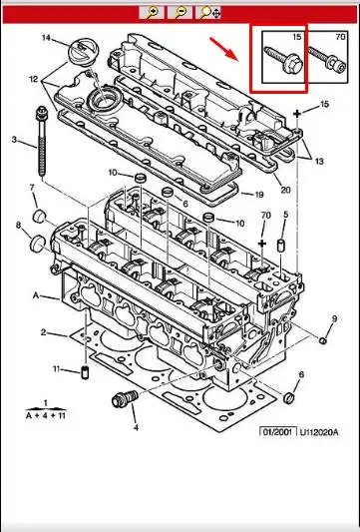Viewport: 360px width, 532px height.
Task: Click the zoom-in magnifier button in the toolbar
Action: [x=152, y=13]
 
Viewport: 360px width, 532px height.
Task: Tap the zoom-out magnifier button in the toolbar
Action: [x=180, y=13]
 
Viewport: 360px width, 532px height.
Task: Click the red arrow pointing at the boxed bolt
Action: [x=224, y=49]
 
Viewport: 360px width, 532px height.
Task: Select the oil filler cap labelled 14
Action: [x=84, y=51]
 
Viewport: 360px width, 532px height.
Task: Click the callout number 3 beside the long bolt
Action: [x=14, y=140]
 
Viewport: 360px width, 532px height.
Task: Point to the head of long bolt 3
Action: [x=42, y=114]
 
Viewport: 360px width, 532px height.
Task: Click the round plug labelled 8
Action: [x=38, y=245]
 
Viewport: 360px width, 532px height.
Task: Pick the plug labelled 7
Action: [x=40, y=216]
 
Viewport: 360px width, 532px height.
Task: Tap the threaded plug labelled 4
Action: [x=125, y=399]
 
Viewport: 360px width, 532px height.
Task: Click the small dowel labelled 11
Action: [x=85, y=372]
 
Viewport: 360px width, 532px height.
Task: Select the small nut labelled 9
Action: [x=323, y=340]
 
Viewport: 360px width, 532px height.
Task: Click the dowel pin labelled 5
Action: [x=281, y=246]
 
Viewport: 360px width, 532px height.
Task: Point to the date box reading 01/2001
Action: [x=278, y=432]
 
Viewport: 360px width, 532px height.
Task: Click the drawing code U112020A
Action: [x=319, y=432]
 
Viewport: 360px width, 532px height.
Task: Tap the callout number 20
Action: [x=286, y=190]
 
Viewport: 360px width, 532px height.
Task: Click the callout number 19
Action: [x=259, y=195]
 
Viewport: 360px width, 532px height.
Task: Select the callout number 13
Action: [x=319, y=161]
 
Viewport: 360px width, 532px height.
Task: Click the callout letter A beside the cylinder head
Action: [x=36, y=295]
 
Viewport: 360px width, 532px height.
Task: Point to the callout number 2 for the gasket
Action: [x=43, y=332]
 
